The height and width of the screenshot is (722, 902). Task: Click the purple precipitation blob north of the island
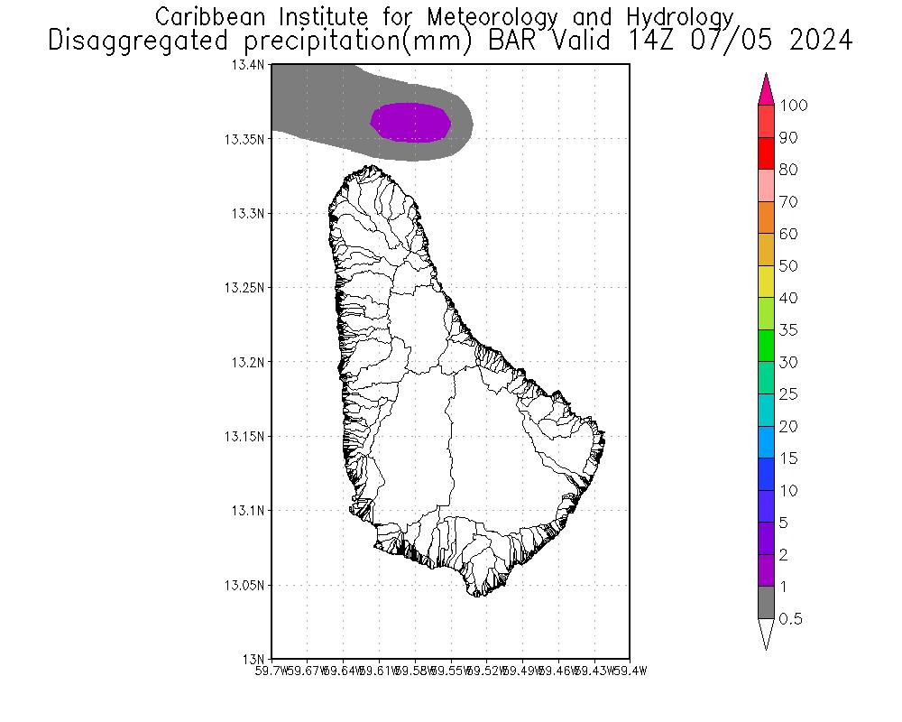pyautogui.click(x=411, y=123)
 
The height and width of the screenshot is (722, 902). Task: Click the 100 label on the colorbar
pyautogui.click(x=794, y=106)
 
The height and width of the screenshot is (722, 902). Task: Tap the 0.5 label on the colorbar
pyautogui.click(x=791, y=619)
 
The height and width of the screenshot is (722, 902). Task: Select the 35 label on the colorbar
pyautogui.click(x=788, y=330)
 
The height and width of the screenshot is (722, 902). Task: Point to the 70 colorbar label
pyautogui.click(x=788, y=202)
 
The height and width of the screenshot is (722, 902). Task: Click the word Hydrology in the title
pyautogui.click(x=676, y=17)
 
